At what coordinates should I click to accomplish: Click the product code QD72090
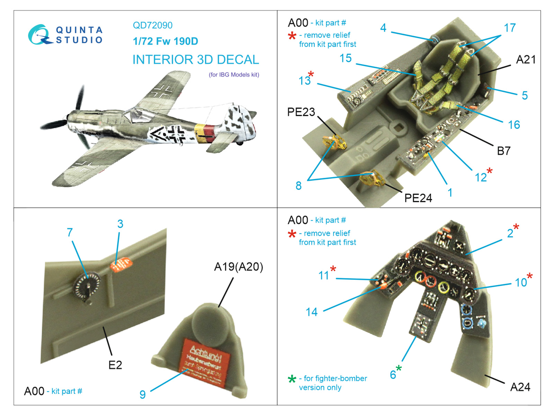[152, 25]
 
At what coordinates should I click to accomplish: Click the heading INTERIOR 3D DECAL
[196, 59]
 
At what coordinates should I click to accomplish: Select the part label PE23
[301, 112]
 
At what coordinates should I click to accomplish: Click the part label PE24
[418, 198]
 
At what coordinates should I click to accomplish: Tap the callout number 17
[510, 28]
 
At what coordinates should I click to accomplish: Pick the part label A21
[525, 59]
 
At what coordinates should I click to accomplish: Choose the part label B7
[503, 151]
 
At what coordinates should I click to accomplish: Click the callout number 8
[298, 186]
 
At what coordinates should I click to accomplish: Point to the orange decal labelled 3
[121, 265]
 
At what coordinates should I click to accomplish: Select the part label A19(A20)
[239, 267]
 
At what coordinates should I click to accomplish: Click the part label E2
[115, 365]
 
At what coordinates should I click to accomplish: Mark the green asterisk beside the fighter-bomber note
[292, 379]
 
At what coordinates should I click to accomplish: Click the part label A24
[520, 387]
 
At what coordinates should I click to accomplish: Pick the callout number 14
[311, 312]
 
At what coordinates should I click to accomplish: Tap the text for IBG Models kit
[234, 75]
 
